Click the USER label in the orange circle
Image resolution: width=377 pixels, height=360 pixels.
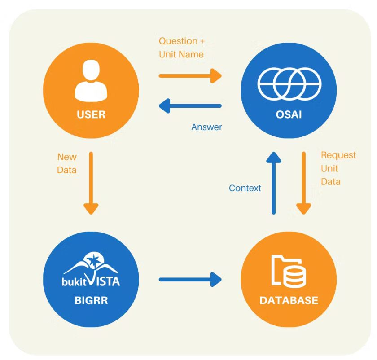(x=91, y=114)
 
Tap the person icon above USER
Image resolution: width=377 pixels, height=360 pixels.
(x=91, y=82)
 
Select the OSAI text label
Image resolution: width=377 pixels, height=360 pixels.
(x=289, y=114)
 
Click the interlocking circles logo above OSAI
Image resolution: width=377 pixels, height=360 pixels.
(x=289, y=83)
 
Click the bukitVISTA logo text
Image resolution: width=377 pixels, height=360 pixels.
(x=91, y=282)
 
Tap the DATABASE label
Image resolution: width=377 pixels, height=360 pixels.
(x=289, y=300)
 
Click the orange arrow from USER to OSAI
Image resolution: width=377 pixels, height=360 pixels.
(x=190, y=75)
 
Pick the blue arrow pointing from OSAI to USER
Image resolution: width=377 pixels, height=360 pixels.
(x=190, y=106)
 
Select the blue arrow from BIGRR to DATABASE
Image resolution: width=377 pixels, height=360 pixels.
(x=190, y=280)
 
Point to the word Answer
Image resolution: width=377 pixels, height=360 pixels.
(x=206, y=127)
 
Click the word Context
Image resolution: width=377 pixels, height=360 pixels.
(x=245, y=188)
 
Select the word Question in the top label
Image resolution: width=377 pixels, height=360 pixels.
(x=178, y=41)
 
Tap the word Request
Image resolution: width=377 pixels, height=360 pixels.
(x=338, y=155)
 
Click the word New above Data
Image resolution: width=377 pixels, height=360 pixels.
(x=67, y=157)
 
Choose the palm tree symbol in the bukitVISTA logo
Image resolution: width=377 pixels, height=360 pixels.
(x=95, y=260)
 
